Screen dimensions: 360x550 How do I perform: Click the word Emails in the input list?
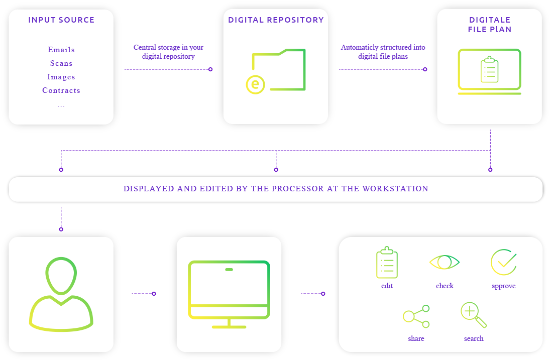click(61, 50)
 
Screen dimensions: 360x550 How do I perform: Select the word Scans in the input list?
click(61, 63)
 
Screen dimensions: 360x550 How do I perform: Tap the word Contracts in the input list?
click(61, 90)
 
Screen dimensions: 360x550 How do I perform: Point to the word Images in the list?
click(61, 77)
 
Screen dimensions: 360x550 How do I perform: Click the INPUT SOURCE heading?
click(61, 20)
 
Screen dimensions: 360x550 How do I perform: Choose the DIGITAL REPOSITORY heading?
click(276, 20)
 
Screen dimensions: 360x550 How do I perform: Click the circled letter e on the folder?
click(255, 84)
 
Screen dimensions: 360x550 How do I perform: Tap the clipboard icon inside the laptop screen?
click(489, 70)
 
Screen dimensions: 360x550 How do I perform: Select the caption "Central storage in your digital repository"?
click(168, 52)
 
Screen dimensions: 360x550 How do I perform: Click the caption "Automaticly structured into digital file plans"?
click(383, 52)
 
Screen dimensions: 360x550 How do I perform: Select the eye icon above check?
click(445, 262)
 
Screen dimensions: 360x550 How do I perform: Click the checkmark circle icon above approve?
click(503, 262)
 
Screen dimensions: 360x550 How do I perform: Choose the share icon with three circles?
click(416, 316)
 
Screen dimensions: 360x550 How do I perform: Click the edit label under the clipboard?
click(387, 286)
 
